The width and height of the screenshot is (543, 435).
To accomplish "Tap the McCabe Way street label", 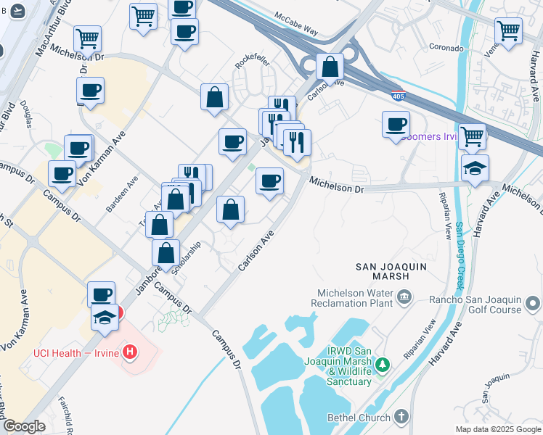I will (297, 22).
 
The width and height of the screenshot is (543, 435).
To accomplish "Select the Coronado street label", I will (446, 48).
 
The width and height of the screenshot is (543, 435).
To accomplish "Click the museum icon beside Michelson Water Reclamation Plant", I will (404, 295).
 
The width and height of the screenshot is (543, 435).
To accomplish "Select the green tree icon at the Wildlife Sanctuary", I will (387, 363).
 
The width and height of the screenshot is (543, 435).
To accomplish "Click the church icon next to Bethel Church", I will (404, 417).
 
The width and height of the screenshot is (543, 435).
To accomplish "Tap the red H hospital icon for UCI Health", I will (129, 353).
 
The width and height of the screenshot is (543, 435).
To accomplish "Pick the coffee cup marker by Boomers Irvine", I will (396, 124).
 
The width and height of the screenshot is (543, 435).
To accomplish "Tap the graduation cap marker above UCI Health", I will (105, 317).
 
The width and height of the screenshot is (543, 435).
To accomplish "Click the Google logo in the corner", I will (24, 426).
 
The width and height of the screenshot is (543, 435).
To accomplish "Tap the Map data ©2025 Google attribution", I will (498, 429).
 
